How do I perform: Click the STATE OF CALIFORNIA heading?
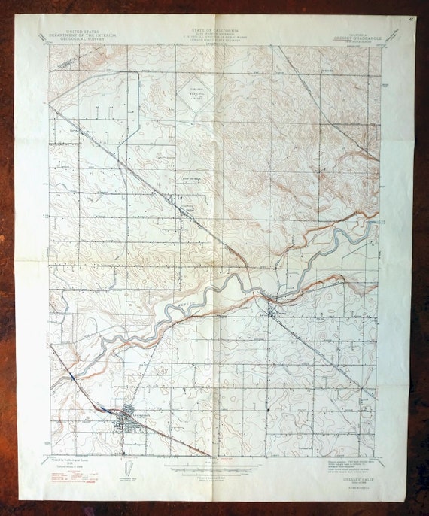point(213,28)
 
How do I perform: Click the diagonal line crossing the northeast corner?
point(331,105)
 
